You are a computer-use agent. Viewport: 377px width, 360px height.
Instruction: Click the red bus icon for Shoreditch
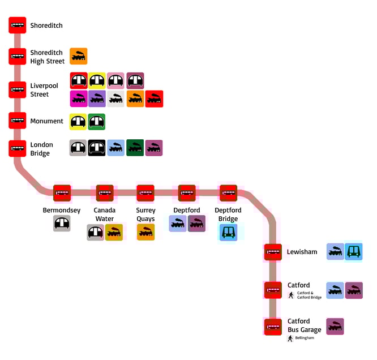point(17,25)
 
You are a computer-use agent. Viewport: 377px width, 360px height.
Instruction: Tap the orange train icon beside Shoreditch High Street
point(79,57)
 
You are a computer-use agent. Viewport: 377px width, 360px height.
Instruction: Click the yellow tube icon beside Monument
point(79,122)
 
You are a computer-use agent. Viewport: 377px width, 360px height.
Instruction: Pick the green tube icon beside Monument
point(97,122)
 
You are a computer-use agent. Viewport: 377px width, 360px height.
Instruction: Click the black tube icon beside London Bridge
point(97,148)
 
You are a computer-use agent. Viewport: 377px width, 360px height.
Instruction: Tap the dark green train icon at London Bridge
point(135,148)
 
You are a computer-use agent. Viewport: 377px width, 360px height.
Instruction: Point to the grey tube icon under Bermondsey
point(62,224)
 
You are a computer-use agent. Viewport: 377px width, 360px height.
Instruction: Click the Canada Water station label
point(104,215)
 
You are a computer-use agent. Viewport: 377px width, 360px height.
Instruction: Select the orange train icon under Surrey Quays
point(145,232)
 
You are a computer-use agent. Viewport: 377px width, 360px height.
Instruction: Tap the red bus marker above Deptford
point(187,193)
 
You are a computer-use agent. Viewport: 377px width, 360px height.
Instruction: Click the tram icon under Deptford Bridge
point(228,232)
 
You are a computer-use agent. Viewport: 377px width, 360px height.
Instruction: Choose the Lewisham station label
point(302,252)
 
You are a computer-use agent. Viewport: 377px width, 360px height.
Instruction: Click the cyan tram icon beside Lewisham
point(354,252)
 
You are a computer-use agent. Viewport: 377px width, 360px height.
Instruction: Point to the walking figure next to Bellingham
point(290,338)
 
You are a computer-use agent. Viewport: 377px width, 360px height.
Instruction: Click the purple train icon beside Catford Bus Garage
point(335,327)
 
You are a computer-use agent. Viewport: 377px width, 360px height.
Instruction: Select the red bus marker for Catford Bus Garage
point(273,327)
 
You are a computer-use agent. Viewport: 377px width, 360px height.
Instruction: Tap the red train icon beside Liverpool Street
point(154,99)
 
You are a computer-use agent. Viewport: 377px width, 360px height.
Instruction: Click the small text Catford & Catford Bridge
point(309,295)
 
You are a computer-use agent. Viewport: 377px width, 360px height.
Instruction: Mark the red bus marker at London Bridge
point(17,148)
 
